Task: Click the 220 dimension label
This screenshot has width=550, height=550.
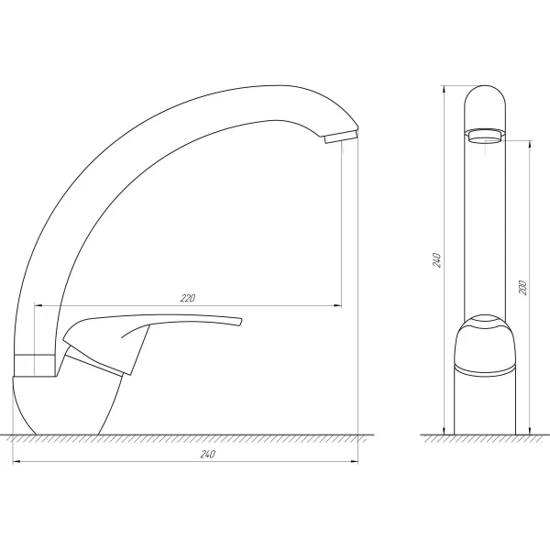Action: tap(188, 298)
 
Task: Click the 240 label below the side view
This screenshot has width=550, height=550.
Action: tap(206, 455)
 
